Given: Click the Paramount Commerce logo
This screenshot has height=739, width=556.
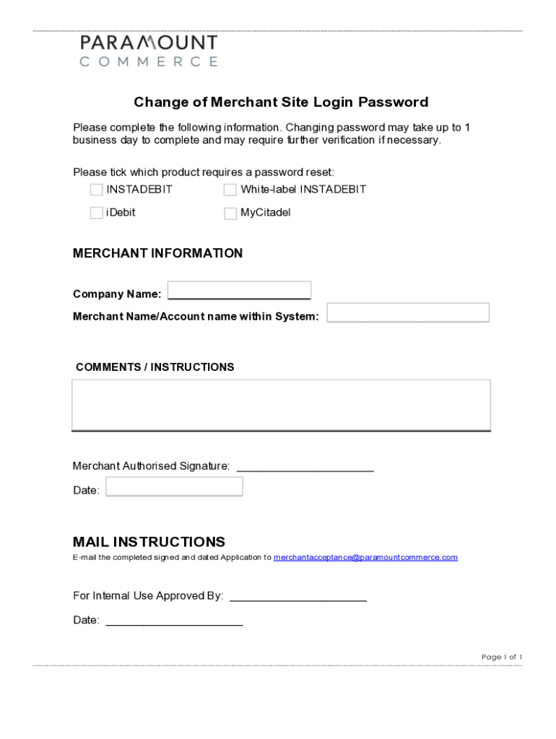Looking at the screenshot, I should [x=148, y=51].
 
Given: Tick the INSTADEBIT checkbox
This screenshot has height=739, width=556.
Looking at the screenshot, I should [x=96, y=190].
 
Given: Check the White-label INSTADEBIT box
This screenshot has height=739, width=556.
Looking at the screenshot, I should [x=230, y=190].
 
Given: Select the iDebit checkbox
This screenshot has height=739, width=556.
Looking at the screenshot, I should [x=96, y=213].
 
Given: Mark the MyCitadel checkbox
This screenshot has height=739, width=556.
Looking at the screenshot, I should [x=230, y=214].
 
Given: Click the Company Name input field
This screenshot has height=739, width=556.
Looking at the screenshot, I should [x=239, y=290].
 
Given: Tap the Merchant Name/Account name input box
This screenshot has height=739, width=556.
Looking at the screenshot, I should [x=408, y=312].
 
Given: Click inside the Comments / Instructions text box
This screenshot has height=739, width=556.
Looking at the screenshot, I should [x=281, y=404].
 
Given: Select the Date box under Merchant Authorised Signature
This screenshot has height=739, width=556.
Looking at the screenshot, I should [x=174, y=487].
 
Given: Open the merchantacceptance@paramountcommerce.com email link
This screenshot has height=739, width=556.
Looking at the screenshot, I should [x=365, y=557].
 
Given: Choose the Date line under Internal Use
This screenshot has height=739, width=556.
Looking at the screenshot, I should [x=174, y=621].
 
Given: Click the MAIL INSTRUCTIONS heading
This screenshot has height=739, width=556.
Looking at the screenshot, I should [x=149, y=542].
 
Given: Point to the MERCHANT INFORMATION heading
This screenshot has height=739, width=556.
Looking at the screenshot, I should [x=157, y=253].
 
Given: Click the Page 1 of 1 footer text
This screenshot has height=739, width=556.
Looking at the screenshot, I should [x=501, y=657].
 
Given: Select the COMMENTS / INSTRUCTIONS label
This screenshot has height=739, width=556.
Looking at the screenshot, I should [x=155, y=367].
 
